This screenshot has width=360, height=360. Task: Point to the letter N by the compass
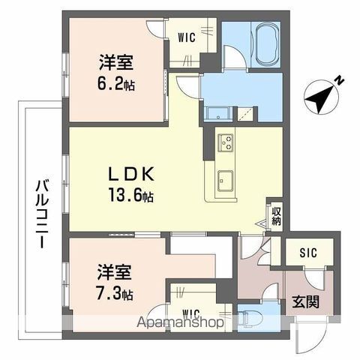(x=340, y=80)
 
